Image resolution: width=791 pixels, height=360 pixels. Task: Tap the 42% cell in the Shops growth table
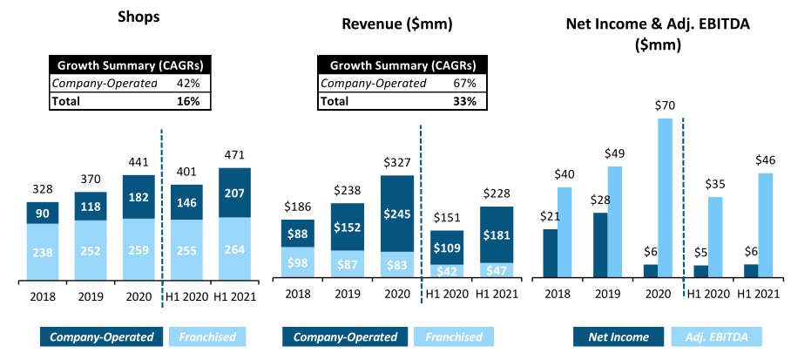(189, 84)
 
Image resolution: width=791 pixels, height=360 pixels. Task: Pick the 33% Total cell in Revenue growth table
(463, 101)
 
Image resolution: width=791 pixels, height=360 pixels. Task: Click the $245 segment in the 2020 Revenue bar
(396, 214)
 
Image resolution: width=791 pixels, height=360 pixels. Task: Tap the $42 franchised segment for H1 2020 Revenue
(446, 270)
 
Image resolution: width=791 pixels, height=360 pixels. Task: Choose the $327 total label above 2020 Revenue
(396, 163)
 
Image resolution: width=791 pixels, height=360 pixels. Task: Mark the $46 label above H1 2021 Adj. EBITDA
(764, 160)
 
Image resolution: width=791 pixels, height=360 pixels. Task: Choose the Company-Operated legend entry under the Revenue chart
(345, 336)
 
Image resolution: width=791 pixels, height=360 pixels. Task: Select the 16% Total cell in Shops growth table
(189, 101)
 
